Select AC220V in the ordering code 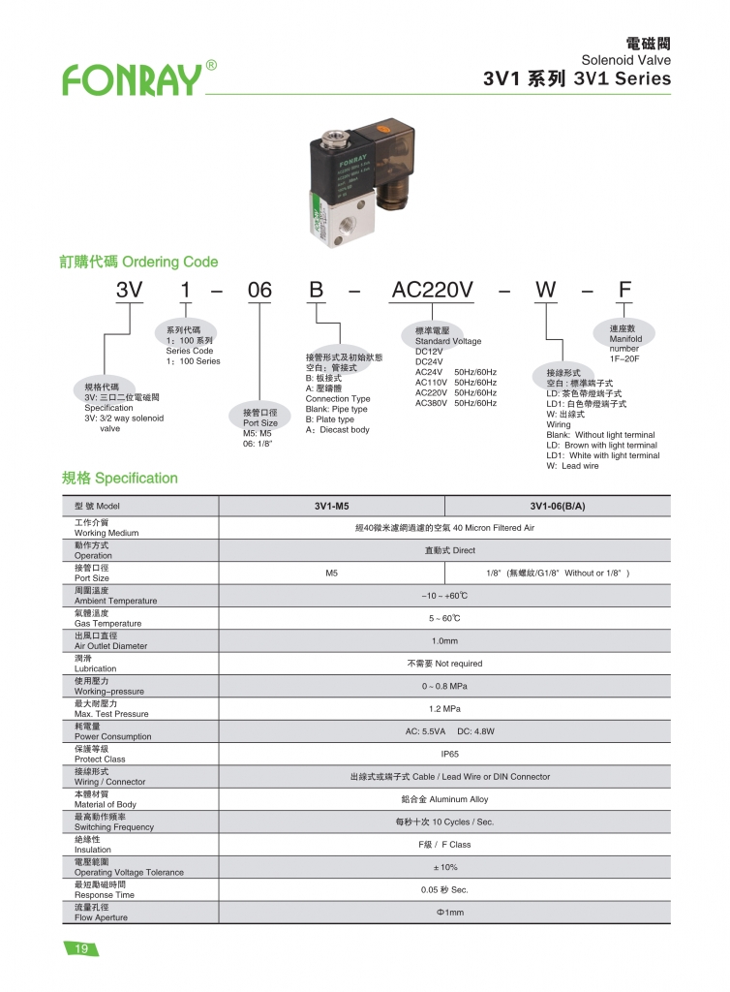[x=431, y=290]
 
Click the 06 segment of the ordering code [x=259, y=290]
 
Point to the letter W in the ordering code [x=548, y=290]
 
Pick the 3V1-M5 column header [x=331, y=506]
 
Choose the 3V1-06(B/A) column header [x=558, y=506]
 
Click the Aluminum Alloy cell [x=444, y=799]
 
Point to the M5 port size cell [x=331, y=573]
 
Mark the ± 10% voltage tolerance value [x=445, y=867]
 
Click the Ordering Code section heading [x=139, y=262]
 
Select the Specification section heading [x=120, y=478]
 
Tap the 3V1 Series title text [x=576, y=79]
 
